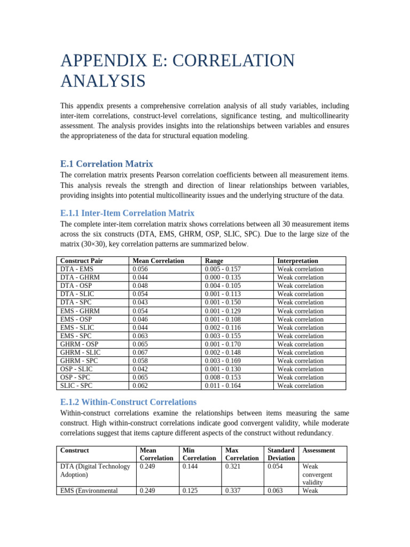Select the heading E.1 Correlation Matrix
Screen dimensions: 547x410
107,164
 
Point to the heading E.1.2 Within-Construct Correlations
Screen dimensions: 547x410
128,402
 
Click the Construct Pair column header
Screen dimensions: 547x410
82,261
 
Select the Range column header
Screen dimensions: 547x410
215,261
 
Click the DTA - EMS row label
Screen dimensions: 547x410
77,269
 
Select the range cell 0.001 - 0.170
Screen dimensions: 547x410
223,344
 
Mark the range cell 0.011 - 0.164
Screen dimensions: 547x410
223,386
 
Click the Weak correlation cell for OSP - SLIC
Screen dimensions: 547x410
300,369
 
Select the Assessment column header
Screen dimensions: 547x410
319,450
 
